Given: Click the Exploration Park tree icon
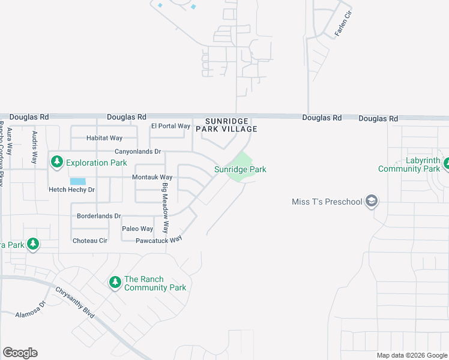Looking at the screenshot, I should pos(57,162).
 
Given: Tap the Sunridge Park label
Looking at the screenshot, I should pos(240,170).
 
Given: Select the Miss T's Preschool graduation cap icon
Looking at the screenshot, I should pos(372,201).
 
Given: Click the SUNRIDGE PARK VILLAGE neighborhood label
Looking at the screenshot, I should pos(231,125).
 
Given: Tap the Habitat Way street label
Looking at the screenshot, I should pos(104,138).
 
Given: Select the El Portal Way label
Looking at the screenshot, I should pos(170,126).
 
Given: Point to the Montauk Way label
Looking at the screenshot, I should pos(152,178).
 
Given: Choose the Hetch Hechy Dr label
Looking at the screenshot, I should pos(72,190).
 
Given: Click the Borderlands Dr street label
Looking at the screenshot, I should pos(99,216).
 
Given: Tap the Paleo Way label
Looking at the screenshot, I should pos(137,229).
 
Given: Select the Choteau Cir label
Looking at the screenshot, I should pos(90,241).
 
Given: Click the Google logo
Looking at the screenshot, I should pos(20,353).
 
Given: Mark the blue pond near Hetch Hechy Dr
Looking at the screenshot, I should pos(77,181).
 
